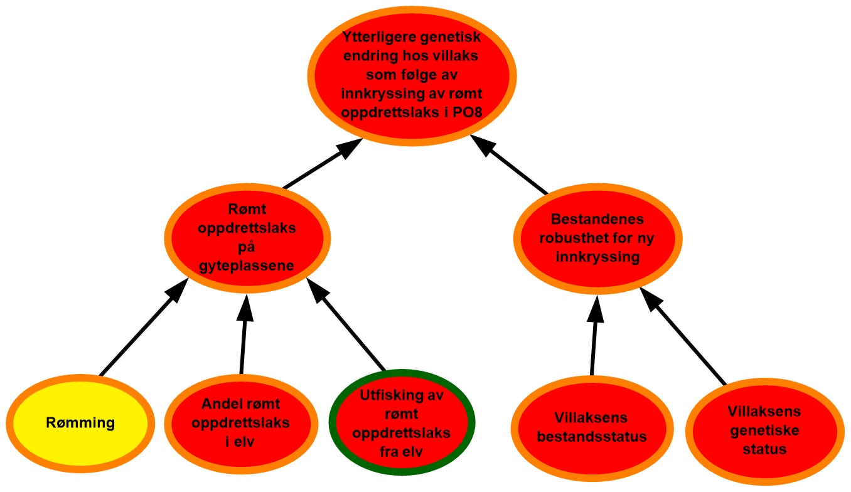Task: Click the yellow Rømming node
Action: coord(80,422)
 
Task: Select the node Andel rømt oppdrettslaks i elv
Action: coord(240,423)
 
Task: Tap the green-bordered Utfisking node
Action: coord(402,423)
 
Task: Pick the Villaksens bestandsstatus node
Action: coord(592,427)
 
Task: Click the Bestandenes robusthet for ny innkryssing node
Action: coord(597,238)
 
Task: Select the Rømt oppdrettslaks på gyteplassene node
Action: coord(247,238)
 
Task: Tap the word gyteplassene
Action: coord(247,265)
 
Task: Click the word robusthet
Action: coord(571,238)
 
